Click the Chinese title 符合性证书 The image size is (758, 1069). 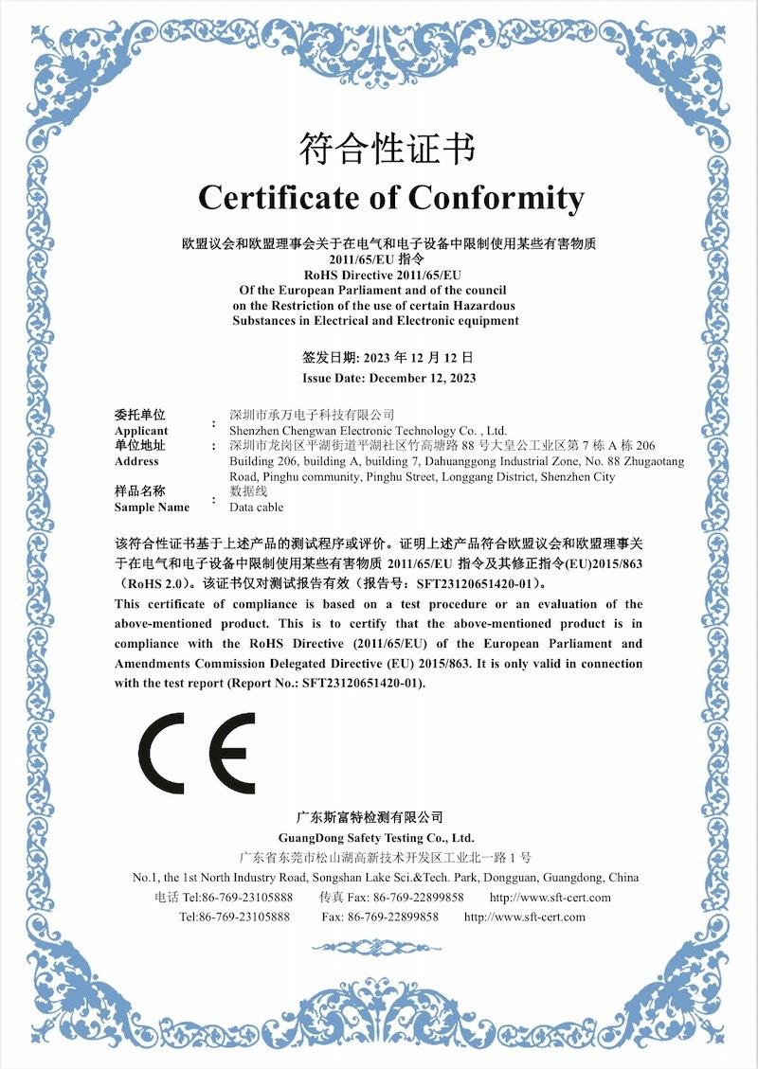click(x=387, y=149)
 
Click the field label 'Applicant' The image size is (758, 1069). click(x=140, y=430)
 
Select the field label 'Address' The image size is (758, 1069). click(x=136, y=461)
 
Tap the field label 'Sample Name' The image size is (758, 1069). click(x=152, y=507)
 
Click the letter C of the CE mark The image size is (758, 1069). click(x=162, y=754)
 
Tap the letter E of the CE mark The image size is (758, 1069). click(x=231, y=754)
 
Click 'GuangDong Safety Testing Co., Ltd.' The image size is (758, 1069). click(x=376, y=838)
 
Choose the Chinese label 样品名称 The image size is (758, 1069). click(x=140, y=491)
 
